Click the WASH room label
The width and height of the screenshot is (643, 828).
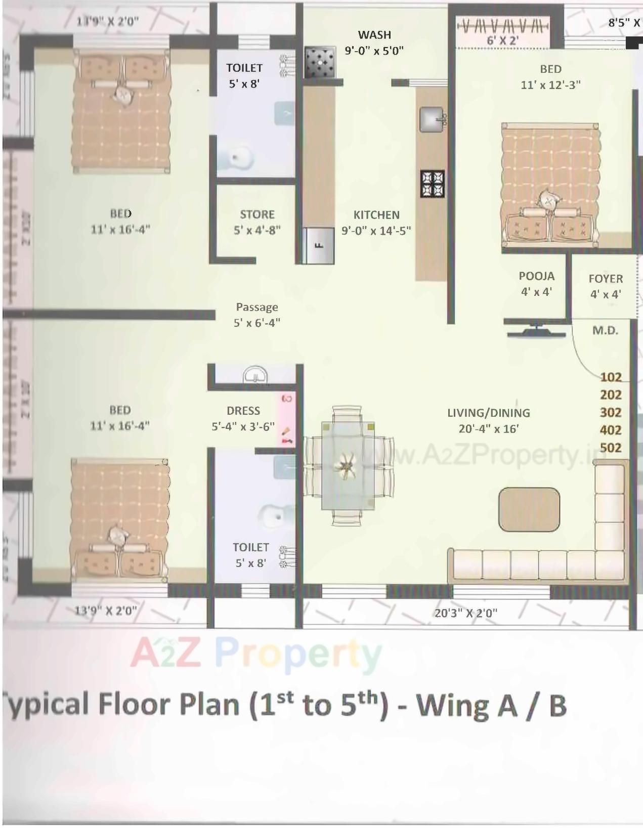(374, 35)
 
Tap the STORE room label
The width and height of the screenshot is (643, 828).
(257, 214)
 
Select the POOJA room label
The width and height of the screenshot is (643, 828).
(536, 276)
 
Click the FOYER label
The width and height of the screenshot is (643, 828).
(606, 279)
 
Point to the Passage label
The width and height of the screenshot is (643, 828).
(257, 307)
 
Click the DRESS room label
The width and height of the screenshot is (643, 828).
(243, 411)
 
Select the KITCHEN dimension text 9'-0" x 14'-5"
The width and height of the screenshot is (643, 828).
(376, 231)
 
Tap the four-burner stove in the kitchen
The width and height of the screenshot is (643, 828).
(433, 184)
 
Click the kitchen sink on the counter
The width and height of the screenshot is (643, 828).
(431, 119)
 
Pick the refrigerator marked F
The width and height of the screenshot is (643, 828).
(319, 246)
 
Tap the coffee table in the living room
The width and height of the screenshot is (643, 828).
(529, 509)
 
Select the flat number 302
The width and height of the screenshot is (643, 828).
(611, 412)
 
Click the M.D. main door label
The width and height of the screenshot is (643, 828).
(605, 331)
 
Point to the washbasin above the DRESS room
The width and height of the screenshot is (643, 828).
(255, 375)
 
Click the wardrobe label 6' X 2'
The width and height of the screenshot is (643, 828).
(502, 40)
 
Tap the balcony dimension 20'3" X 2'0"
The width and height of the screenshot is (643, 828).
(465, 613)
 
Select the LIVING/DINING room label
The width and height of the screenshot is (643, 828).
(488, 413)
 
